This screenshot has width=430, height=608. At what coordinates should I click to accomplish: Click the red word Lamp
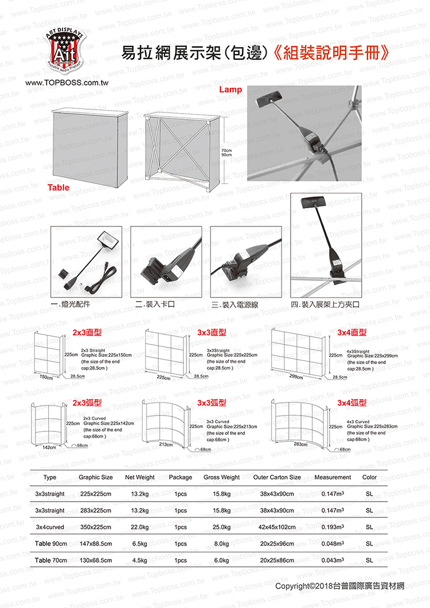tap(231, 90)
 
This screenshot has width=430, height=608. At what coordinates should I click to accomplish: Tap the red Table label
tap(58, 188)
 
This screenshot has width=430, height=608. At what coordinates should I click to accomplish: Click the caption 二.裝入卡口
tap(154, 303)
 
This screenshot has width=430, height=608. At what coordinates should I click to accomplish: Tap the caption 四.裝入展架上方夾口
tap(325, 303)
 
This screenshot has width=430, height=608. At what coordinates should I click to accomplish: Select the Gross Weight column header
tap(221, 477)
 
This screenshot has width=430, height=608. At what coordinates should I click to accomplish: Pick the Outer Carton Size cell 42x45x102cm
tap(277, 527)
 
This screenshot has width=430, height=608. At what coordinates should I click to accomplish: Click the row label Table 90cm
tap(51, 543)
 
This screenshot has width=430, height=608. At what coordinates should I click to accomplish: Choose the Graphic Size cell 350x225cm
tap(96, 527)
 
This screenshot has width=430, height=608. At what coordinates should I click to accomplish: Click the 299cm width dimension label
tap(296, 376)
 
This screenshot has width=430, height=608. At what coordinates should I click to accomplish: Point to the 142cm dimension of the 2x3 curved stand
tap(49, 447)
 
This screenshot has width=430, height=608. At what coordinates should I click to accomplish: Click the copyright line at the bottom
tap(339, 586)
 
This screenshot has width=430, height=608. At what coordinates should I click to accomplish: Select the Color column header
tap(369, 477)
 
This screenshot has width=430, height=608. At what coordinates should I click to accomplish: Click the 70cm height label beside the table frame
tap(226, 150)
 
